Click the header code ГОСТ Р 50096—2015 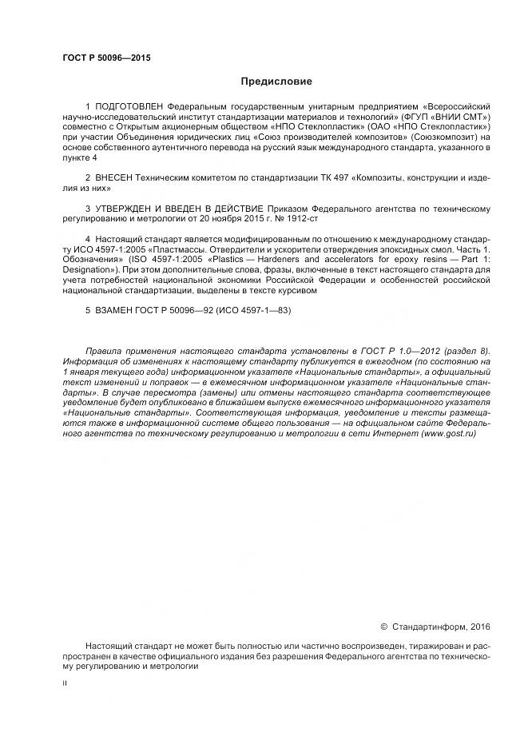click(106, 58)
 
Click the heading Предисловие click(276, 82)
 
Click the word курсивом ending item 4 click(299, 292)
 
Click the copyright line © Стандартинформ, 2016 click(435, 627)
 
